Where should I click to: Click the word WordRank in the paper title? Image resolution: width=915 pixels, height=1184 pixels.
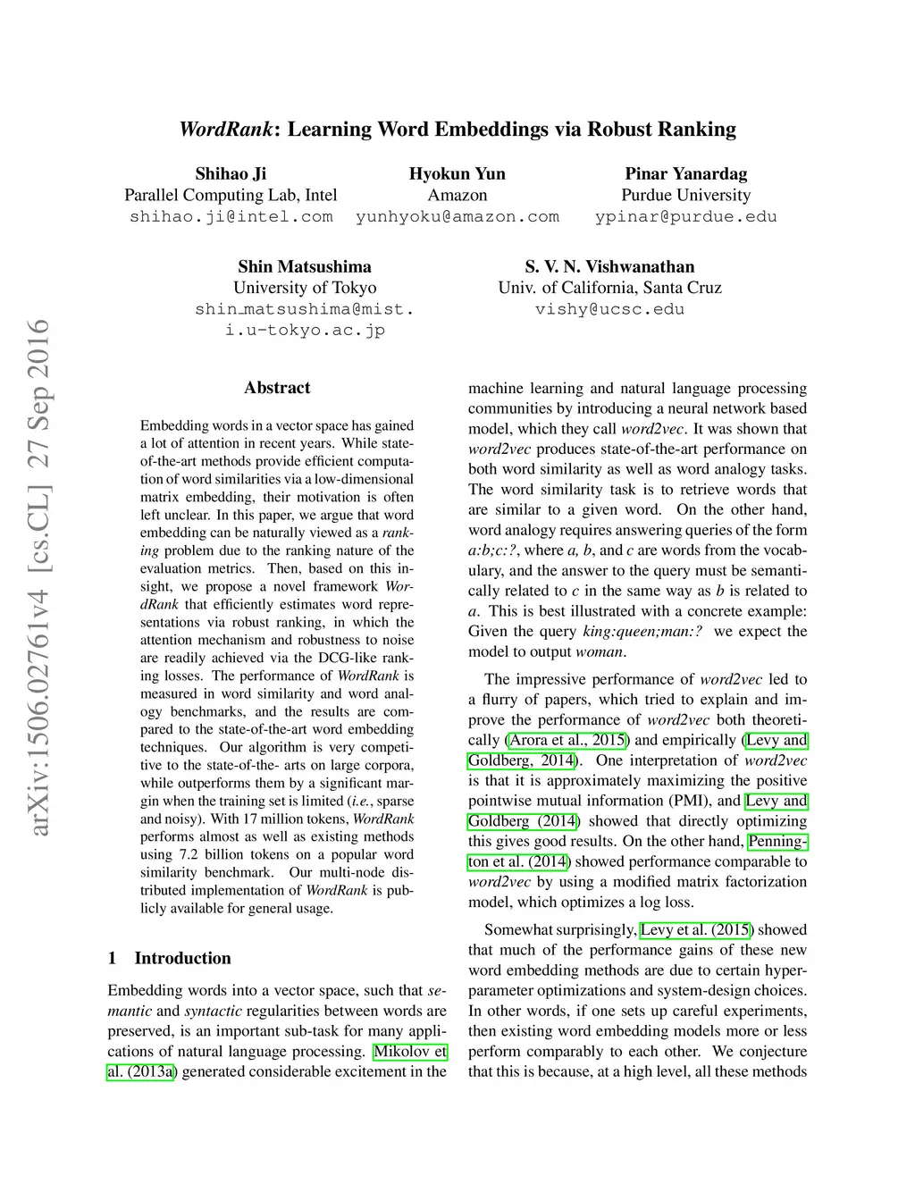pos(225,130)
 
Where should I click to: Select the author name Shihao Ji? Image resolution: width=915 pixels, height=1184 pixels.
pos(231,173)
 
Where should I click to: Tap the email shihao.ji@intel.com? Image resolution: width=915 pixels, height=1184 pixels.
pos(231,216)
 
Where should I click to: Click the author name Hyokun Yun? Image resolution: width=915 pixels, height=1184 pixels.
pos(457,173)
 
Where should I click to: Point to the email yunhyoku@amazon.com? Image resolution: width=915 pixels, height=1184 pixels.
pos(457,216)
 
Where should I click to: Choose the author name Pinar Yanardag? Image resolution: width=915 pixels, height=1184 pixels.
pos(685,173)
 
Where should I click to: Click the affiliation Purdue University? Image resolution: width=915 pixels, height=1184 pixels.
pos(685,195)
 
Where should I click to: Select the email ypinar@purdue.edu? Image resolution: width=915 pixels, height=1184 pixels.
pos(685,216)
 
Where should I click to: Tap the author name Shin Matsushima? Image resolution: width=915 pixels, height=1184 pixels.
pos(305,266)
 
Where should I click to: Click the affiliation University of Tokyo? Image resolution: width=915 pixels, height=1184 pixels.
pos(305,288)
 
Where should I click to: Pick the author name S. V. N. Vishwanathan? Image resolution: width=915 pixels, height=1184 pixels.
pos(609,266)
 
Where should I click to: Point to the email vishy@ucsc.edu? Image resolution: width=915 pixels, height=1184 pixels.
pos(609,309)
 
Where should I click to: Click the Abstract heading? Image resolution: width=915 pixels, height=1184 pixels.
pos(277,388)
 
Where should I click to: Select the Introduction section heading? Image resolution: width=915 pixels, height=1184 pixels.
pos(182,958)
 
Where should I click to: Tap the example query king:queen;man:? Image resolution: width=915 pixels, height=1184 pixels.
pos(642,631)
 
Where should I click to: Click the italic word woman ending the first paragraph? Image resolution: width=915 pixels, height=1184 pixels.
pos(599,651)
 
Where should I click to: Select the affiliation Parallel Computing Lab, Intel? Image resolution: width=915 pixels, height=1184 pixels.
pos(231,195)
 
